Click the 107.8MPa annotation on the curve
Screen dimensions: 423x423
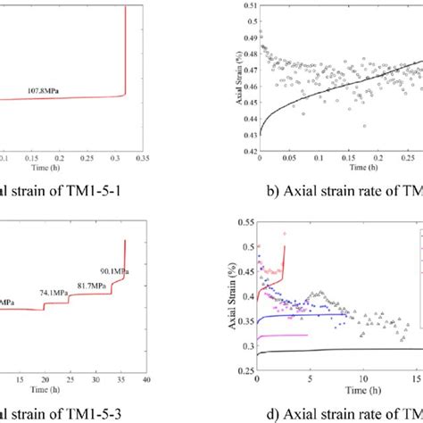click(x=55, y=91)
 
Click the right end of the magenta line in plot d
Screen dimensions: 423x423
click(x=308, y=335)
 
